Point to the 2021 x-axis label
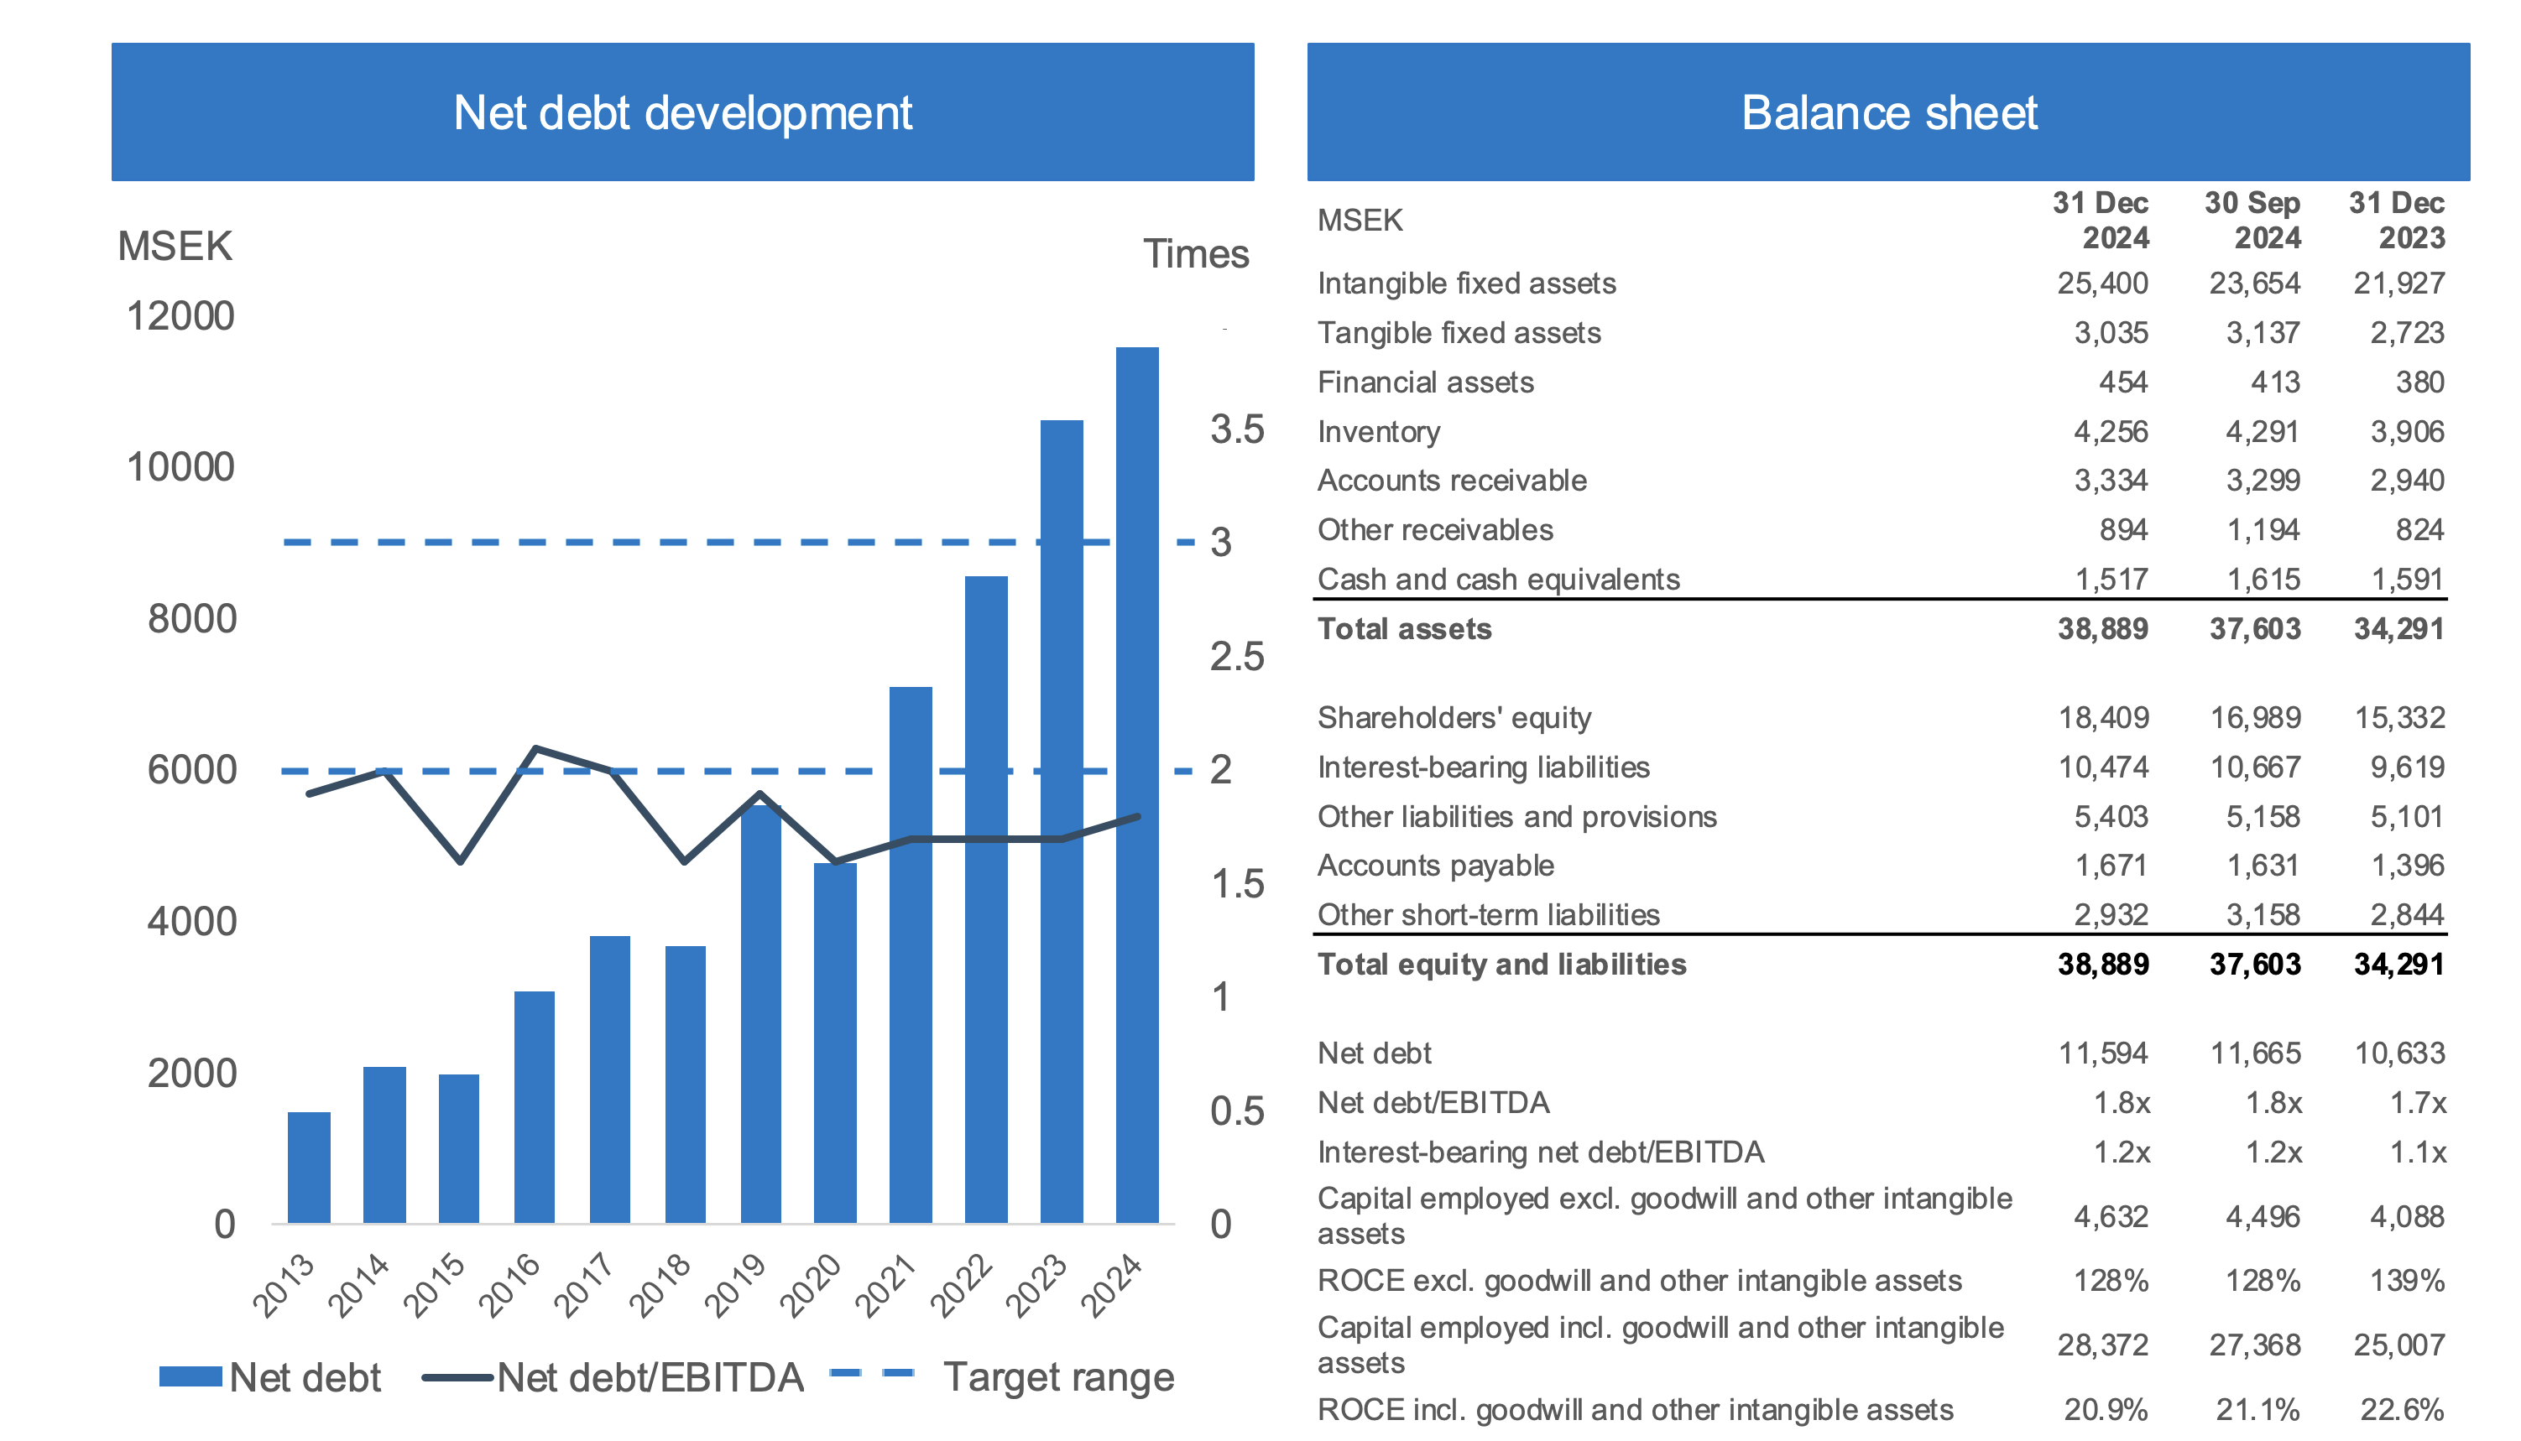pyautogui.click(x=885, y=1286)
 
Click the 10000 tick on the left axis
pyautogui.click(x=180, y=467)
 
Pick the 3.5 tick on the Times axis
pyautogui.click(x=1237, y=429)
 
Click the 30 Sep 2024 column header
pyautogui.click(x=2252, y=220)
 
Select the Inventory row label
pyautogui.click(x=1378, y=431)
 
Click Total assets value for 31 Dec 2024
pyautogui.click(x=2102, y=628)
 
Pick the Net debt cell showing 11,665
pyautogui.click(x=2256, y=1053)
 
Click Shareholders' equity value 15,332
pyautogui.click(x=2399, y=717)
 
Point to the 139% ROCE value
pyautogui.click(x=2406, y=1281)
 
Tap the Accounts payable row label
pyautogui.click(x=1435, y=865)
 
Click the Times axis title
pyautogui.click(x=1196, y=254)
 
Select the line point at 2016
pyautogui.click(x=535, y=748)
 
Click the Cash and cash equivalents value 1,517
pyautogui.click(x=2111, y=579)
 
